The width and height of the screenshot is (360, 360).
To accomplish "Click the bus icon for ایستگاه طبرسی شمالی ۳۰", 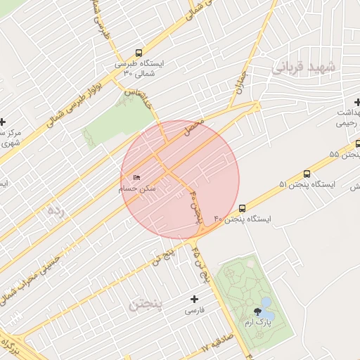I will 138,53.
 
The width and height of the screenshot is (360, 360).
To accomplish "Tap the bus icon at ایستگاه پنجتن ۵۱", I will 307,174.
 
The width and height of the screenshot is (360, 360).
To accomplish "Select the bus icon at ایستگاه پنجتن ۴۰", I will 242,208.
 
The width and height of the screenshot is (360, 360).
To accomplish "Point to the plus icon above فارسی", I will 195,299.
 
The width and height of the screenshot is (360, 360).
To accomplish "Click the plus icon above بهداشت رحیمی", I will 357,103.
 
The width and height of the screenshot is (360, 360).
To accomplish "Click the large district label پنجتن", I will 146,304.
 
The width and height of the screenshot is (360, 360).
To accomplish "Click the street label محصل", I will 193,127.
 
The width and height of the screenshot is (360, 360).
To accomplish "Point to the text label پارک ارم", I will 257,322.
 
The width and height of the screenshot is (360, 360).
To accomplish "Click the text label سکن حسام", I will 138,189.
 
